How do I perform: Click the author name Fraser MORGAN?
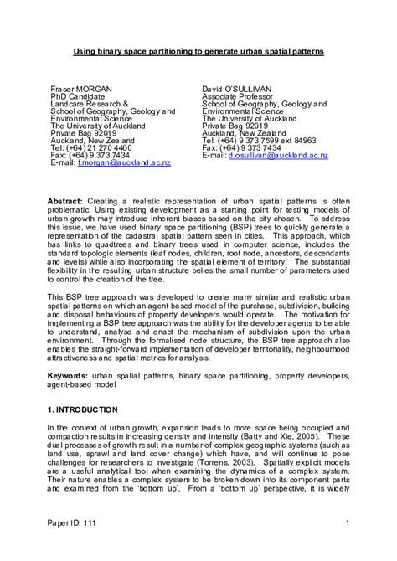tap(80, 87)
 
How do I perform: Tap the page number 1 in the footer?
tap(346, 548)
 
